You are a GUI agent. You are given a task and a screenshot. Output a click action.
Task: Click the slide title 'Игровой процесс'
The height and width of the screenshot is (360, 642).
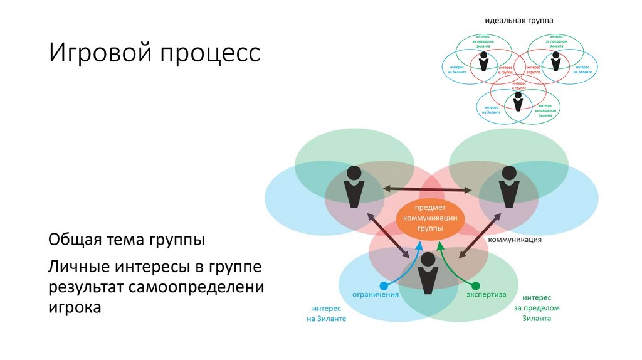(155, 53)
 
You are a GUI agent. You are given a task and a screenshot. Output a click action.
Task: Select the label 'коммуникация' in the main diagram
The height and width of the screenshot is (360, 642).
(514, 239)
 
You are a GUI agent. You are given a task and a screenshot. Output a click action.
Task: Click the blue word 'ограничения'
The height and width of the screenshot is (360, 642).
(376, 294)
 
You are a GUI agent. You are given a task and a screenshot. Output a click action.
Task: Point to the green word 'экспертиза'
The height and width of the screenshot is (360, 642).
(486, 294)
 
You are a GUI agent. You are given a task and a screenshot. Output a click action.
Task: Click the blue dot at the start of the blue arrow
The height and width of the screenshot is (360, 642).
(384, 284)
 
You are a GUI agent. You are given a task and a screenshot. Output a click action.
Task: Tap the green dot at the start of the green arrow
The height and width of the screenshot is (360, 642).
(475, 284)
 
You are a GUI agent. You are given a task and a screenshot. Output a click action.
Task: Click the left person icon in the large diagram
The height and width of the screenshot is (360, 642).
(354, 187)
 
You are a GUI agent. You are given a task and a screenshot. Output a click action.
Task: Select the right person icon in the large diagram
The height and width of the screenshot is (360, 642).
(508, 187)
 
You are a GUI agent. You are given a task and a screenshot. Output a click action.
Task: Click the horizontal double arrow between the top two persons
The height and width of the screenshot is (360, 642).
(429, 188)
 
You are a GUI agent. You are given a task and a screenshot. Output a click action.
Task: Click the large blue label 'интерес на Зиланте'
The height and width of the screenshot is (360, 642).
(326, 314)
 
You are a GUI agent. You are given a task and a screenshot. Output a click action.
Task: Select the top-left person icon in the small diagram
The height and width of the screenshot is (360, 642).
(483, 61)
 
